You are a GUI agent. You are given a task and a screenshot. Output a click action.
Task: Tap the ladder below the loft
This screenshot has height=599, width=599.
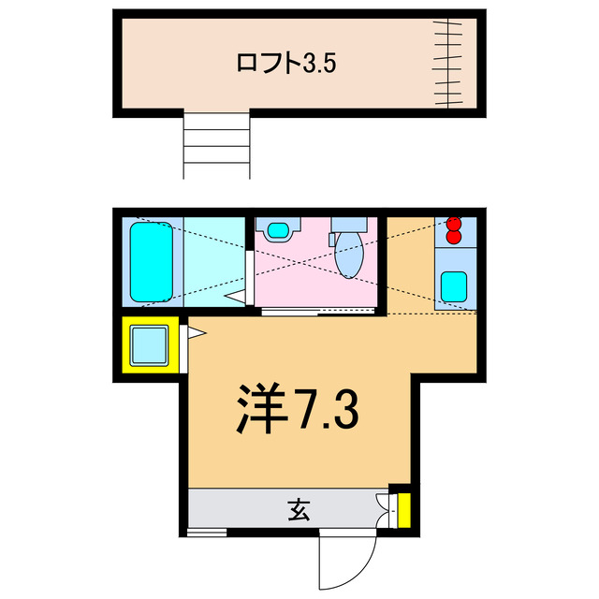pos(217,144)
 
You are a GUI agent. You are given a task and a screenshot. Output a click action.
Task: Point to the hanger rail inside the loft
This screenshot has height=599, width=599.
pos(453,62)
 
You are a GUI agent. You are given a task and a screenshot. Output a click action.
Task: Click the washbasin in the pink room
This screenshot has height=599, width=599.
pos(278,229)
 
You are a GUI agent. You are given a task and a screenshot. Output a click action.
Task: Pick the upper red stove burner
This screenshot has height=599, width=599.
pos(455,224)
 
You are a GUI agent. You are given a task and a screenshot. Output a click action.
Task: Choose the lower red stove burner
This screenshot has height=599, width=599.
pos(455,238)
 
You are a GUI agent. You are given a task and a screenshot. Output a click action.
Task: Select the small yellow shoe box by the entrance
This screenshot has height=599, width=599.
pos(403,510)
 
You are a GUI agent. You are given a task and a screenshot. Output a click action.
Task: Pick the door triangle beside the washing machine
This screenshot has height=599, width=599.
pos(196,330)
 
